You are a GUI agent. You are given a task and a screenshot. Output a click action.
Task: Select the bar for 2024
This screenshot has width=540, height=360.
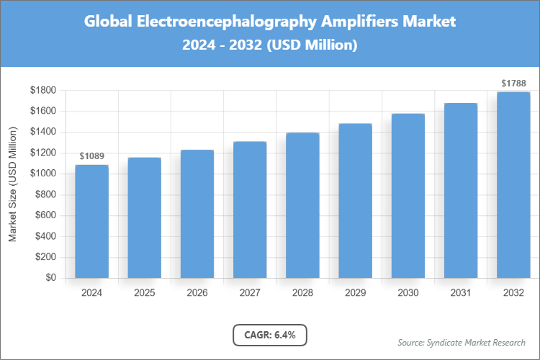click(91, 221)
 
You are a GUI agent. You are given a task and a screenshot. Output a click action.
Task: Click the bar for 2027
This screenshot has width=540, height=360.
click(250, 210)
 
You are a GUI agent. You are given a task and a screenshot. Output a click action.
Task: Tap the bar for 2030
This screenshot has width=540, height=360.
click(408, 195)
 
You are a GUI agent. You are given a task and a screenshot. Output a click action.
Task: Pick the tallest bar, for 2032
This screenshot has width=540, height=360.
click(513, 184)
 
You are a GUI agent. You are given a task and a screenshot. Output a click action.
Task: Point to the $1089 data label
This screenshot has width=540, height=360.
click(91, 156)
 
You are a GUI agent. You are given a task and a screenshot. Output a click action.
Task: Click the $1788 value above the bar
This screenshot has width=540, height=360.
click(513, 84)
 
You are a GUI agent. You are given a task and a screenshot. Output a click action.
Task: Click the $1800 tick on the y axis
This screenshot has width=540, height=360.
click(43, 90)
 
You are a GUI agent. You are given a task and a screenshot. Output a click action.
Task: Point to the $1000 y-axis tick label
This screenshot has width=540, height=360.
click(43, 174)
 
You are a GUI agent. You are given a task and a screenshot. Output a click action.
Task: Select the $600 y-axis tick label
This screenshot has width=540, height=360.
click(45, 215)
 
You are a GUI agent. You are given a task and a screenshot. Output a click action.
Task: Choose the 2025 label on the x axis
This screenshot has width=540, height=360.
click(144, 293)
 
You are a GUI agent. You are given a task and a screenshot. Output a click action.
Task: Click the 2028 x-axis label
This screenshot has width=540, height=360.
click(302, 293)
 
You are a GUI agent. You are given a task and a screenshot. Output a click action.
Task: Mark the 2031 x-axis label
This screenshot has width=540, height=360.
click(461, 293)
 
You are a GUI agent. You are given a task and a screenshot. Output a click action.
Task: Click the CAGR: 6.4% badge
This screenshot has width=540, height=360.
click(270, 335)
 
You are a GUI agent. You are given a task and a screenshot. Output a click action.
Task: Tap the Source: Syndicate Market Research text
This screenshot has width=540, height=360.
click(462, 342)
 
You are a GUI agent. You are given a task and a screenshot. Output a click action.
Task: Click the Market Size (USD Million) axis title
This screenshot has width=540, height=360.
click(13, 184)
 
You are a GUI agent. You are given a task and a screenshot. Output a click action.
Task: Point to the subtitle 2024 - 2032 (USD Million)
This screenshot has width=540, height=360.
click(270, 45)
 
